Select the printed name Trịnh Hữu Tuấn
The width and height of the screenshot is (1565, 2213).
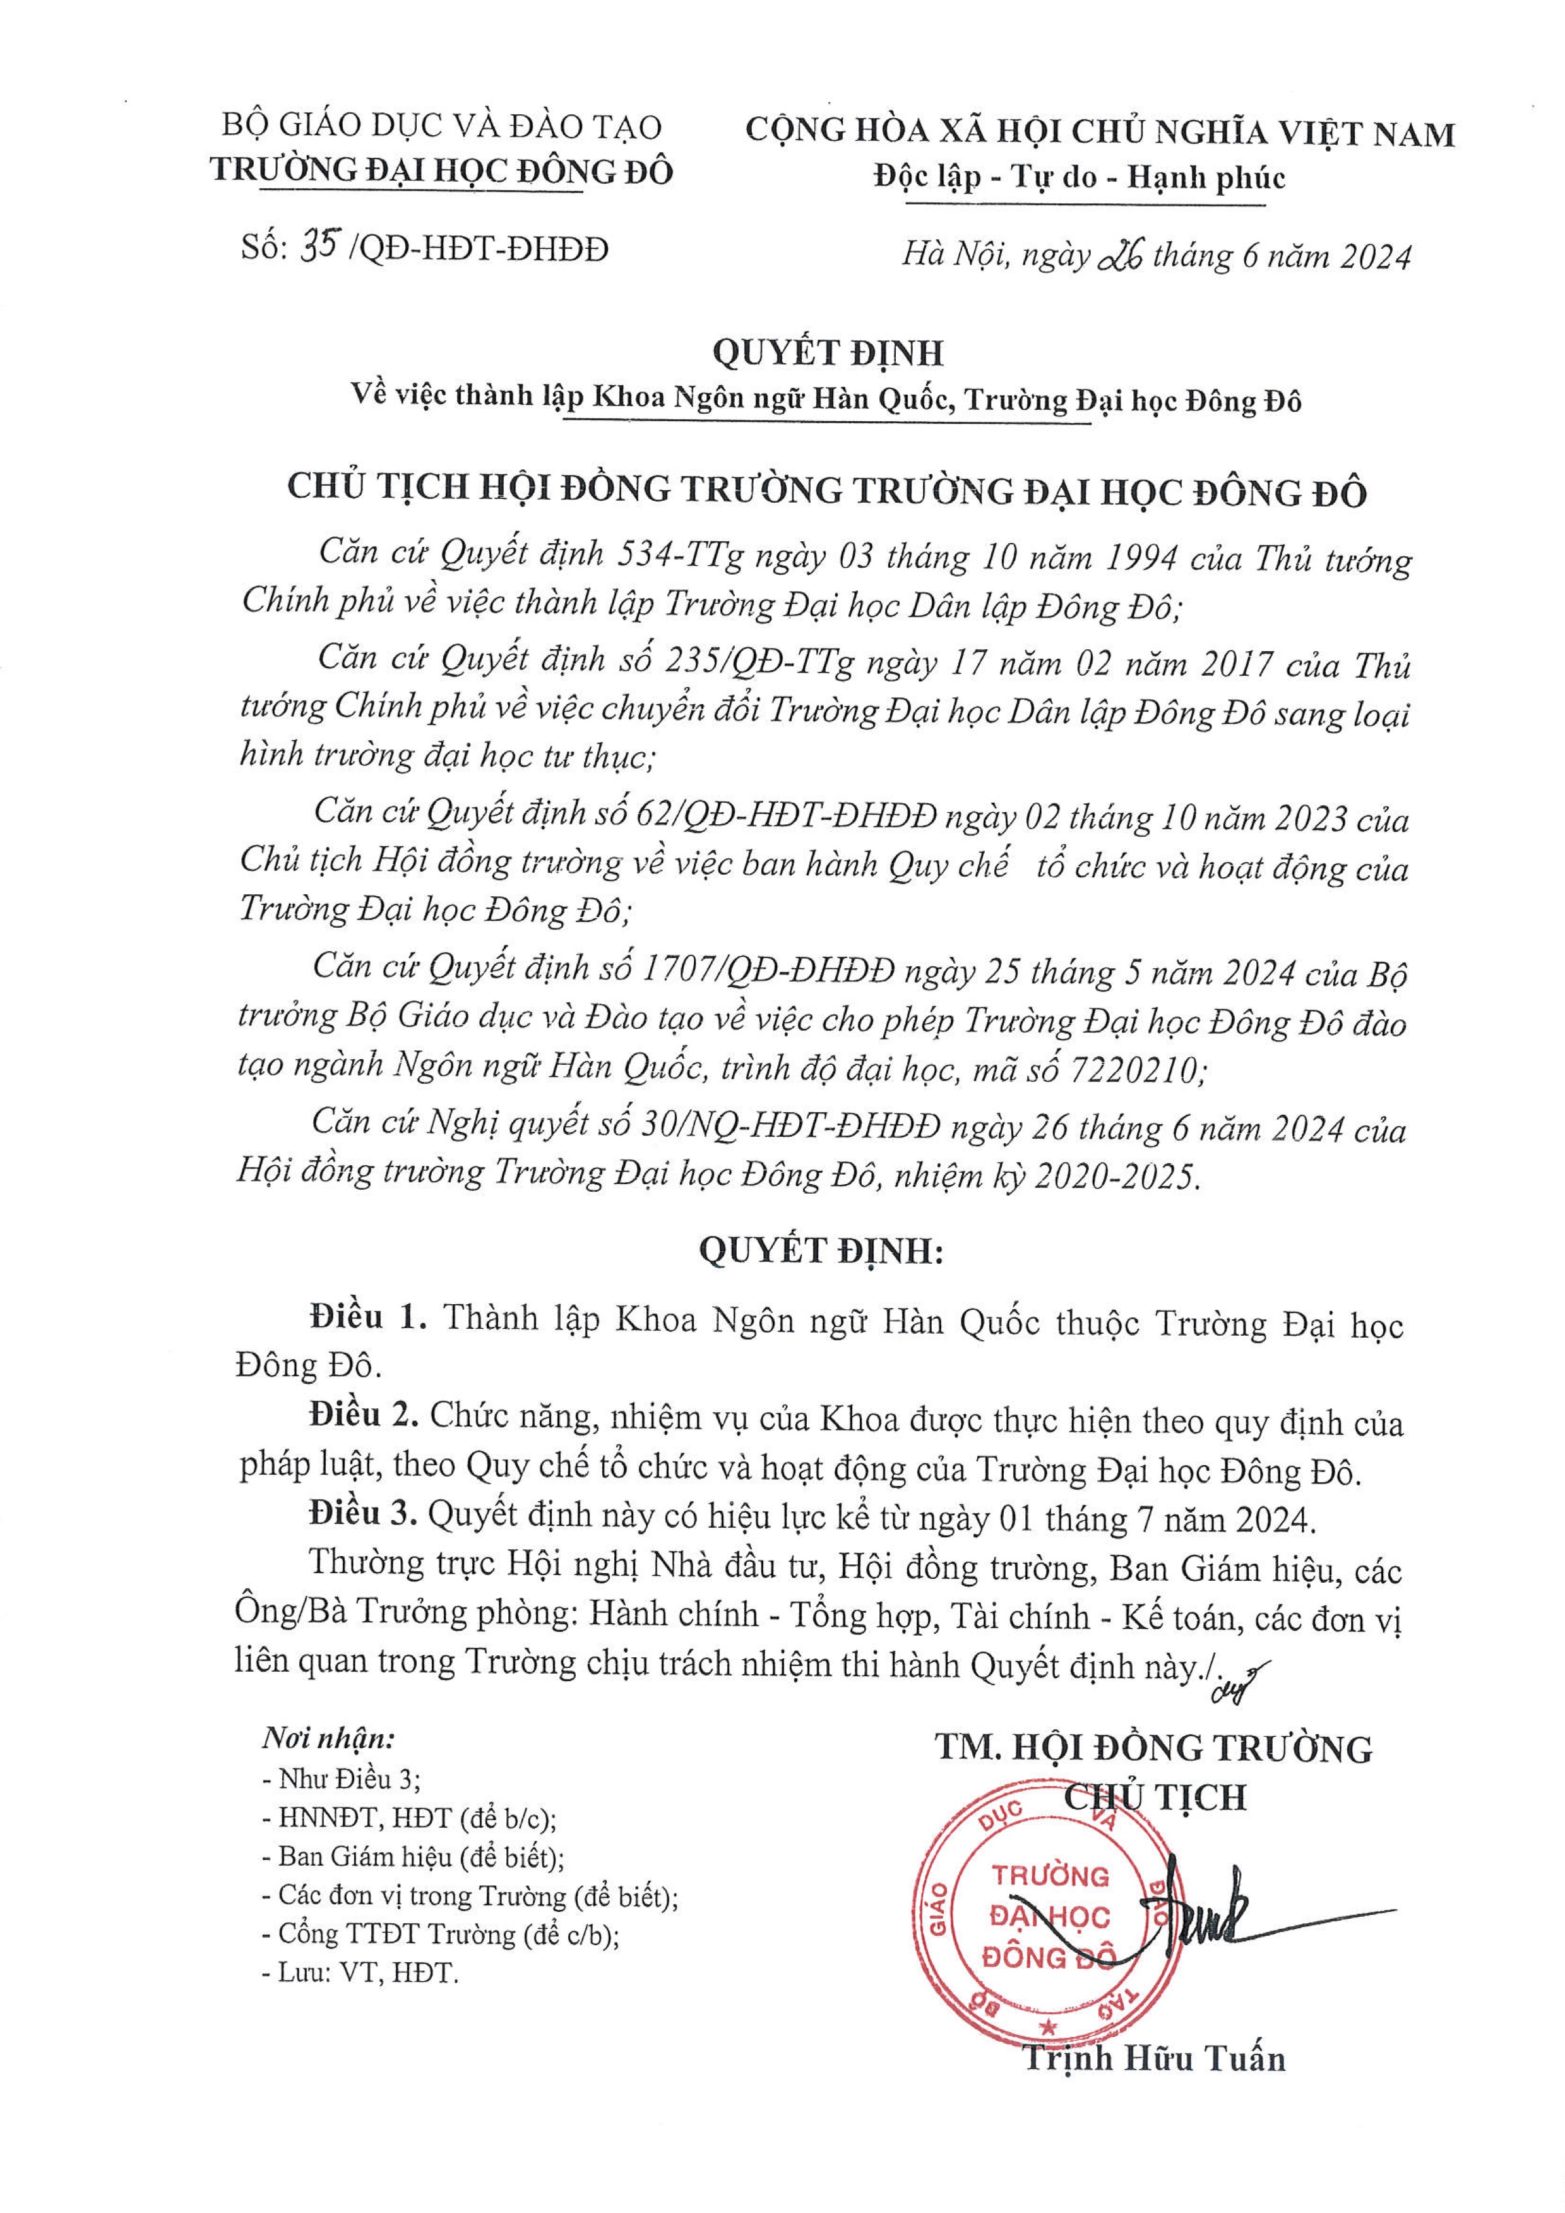(x=1153, y=2058)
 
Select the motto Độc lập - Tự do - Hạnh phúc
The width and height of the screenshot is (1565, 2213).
(x=1080, y=177)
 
